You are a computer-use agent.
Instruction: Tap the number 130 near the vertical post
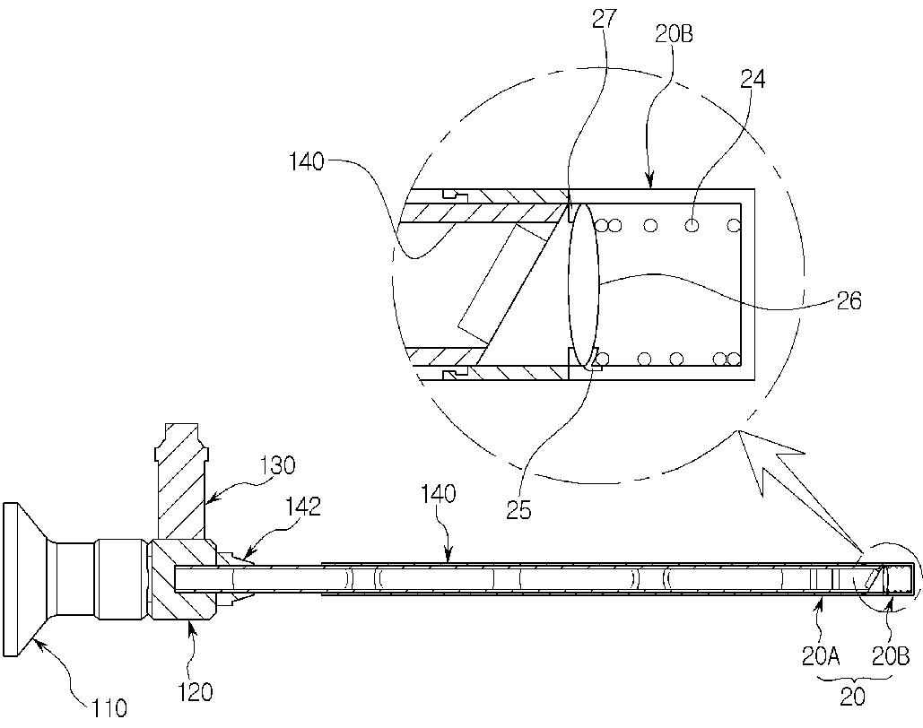pos(277,465)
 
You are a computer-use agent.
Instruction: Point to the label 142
pos(302,507)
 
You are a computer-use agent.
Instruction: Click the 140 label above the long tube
pos(438,494)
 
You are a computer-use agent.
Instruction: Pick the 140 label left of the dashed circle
pos(307,162)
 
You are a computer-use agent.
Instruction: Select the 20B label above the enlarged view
pos(674,35)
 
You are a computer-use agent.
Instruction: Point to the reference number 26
pos(849,300)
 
